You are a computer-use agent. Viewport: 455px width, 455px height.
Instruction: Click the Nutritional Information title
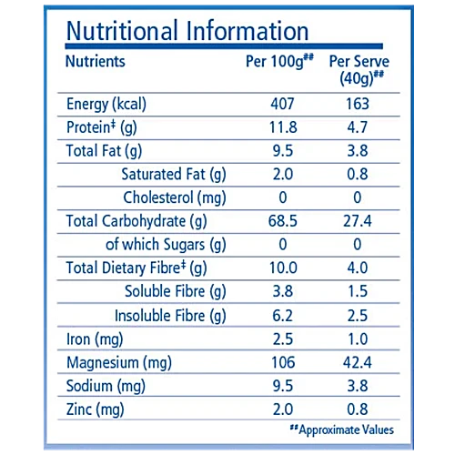(187, 31)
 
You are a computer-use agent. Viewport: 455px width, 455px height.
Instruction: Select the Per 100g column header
(279, 61)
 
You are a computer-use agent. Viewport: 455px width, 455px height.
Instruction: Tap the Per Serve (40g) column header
(359, 70)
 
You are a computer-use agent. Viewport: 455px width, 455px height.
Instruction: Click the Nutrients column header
(96, 61)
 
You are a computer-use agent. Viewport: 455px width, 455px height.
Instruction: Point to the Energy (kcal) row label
(106, 105)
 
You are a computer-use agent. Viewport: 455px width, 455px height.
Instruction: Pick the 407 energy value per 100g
(282, 104)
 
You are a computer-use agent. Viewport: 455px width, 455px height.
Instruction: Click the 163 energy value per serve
(358, 104)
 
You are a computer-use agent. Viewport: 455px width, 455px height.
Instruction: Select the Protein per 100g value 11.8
(283, 127)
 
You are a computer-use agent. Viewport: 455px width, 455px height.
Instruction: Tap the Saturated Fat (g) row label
(174, 175)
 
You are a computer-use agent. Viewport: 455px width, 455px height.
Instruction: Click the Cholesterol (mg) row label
(175, 198)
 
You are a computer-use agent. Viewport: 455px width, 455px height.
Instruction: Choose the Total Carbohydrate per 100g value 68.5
(283, 221)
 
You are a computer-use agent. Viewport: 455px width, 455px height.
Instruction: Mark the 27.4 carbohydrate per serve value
(358, 221)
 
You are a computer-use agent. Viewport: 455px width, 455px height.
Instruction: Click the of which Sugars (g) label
(166, 245)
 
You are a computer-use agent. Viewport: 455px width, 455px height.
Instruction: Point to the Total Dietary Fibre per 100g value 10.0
(283, 268)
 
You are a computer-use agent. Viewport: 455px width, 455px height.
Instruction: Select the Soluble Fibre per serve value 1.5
(358, 291)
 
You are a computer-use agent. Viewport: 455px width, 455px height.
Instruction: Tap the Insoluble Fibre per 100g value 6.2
(283, 316)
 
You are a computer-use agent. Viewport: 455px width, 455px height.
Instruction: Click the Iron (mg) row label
(95, 339)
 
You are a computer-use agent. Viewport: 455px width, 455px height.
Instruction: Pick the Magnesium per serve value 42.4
(358, 362)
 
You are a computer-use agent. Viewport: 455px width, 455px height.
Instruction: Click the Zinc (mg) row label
(96, 409)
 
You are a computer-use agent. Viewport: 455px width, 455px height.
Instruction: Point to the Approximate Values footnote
(342, 430)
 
